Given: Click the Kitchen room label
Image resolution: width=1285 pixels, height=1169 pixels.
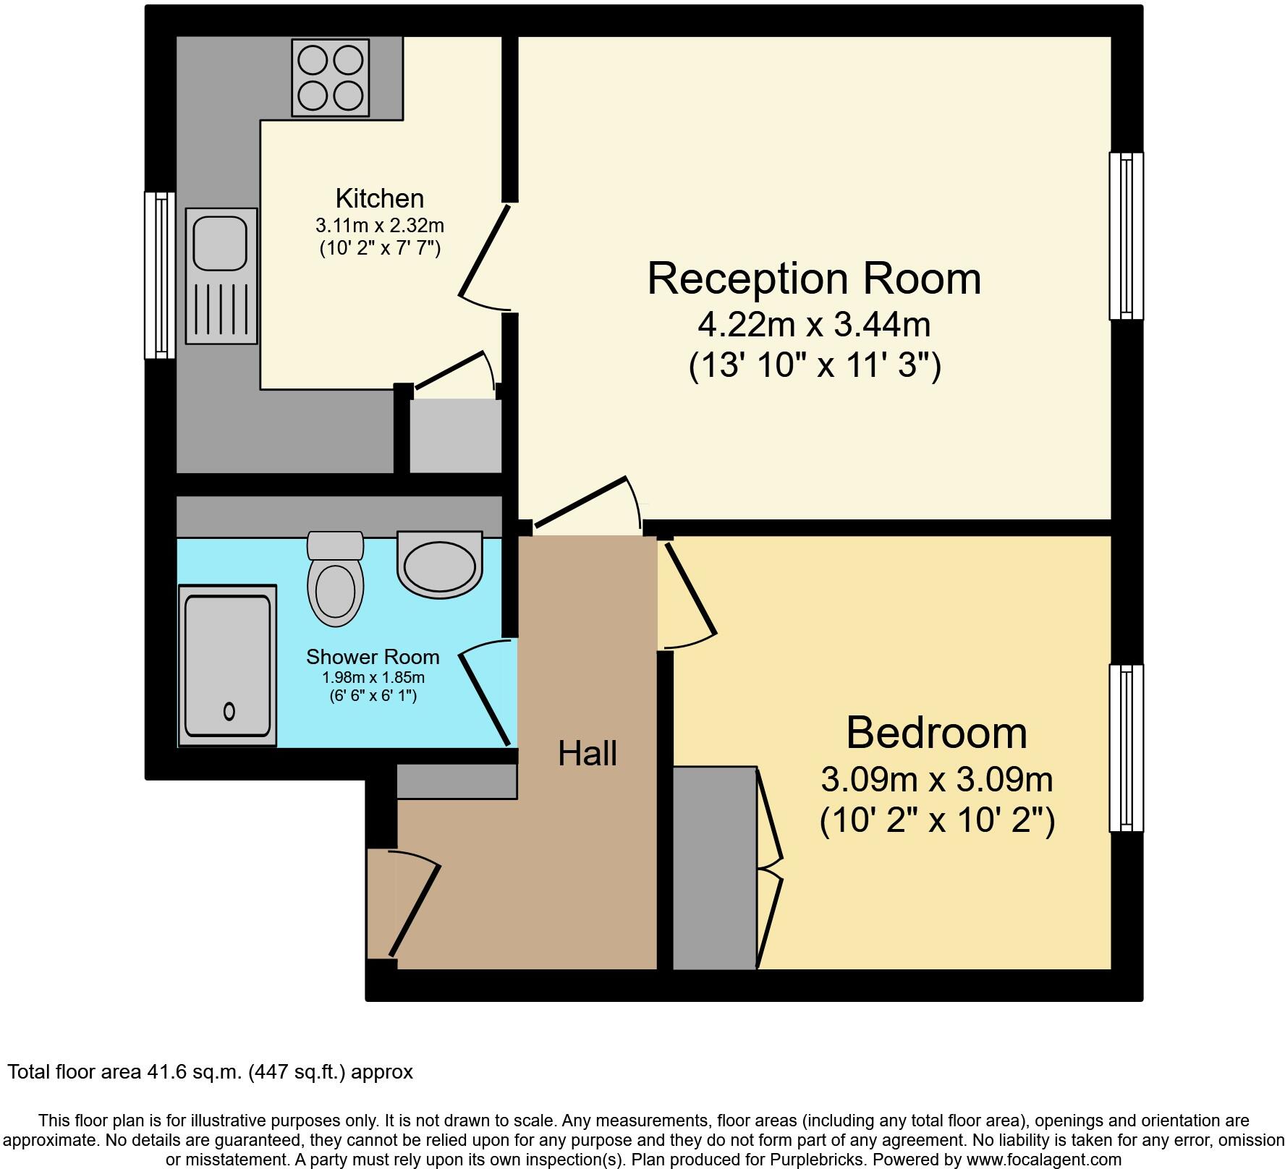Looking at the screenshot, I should pyautogui.click(x=379, y=198).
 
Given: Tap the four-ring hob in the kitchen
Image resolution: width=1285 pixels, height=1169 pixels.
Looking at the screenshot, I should pyautogui.click(x=330, y=77).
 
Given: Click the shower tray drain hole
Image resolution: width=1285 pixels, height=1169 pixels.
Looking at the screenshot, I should pyautogui.click(x=229, y=711).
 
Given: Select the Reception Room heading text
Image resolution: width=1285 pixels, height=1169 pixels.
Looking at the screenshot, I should pyautogui.click(x=813, y=278).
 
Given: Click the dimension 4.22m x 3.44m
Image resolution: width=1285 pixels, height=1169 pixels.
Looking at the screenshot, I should pyautogui.click(x=813, y=325).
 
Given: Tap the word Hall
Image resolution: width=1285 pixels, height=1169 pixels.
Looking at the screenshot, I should pyautogui.click(x=587, y=754).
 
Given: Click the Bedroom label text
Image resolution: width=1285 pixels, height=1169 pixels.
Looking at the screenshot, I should pyautogui.click(x=936, y=732).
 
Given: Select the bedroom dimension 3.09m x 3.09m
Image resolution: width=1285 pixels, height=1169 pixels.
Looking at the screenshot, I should pyautogui.click(x=936, y=780).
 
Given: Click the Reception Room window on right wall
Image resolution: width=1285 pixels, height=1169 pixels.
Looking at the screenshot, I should pyautogui.click(x=1126, y=236).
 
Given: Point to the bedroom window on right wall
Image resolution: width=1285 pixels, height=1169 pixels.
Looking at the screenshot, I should pyautogui.click(x=1126, y=748).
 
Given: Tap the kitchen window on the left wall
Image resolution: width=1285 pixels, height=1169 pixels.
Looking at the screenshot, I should pyautogui.click(x=160, y=275).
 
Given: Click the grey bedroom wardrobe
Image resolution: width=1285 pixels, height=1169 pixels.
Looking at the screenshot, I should pyautogui.click(x=714, y=868).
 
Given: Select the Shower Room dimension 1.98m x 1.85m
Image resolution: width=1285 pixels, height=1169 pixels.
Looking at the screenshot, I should pyautogui.click(x=373, y=678).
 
